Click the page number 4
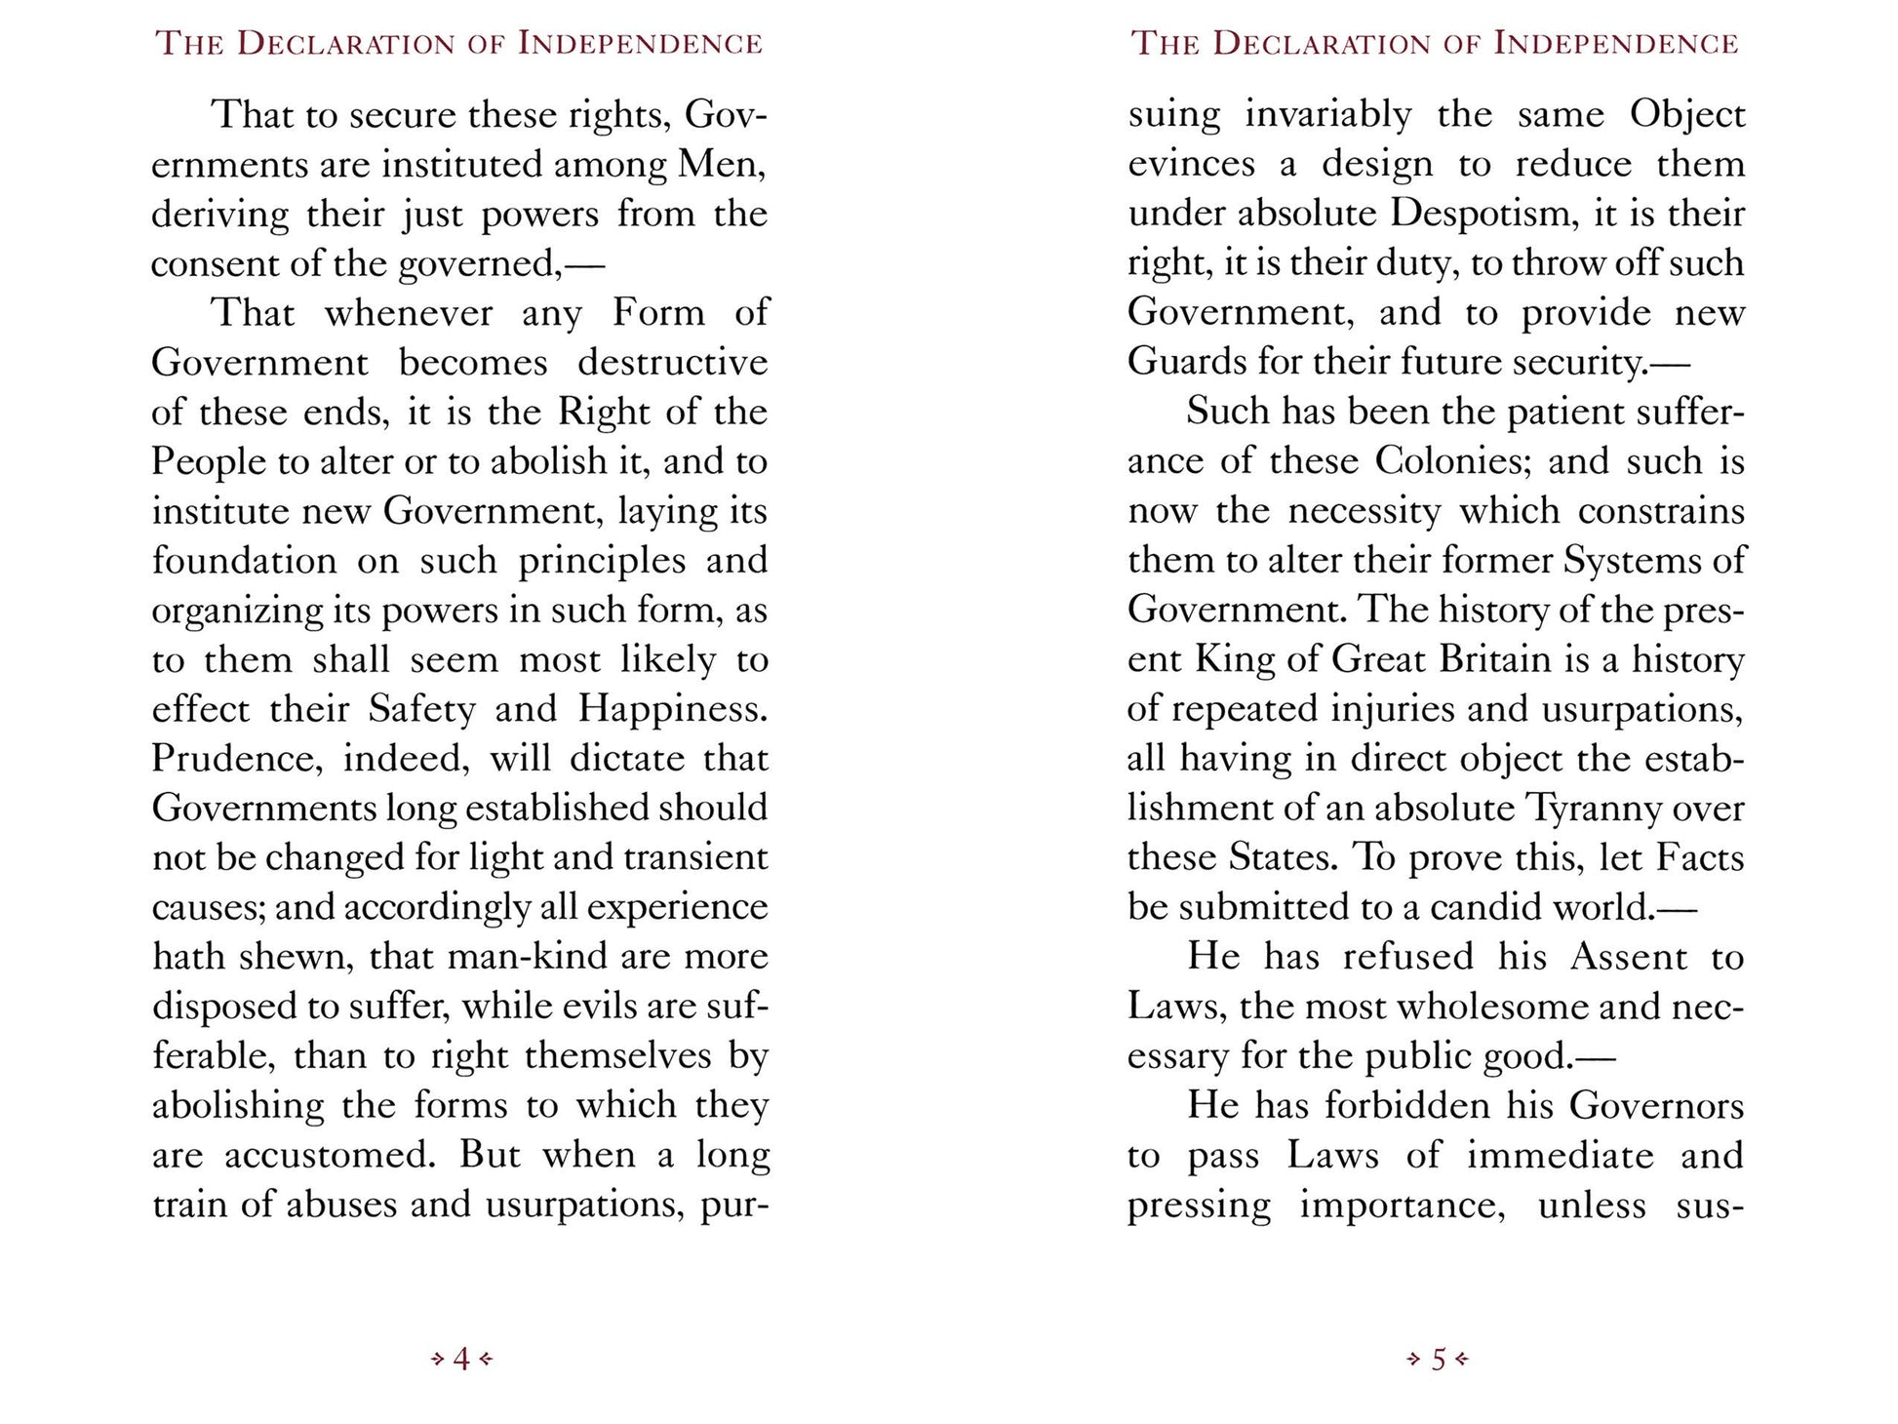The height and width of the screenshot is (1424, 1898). [461, 1358]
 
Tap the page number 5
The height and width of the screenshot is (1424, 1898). [1438, 1358]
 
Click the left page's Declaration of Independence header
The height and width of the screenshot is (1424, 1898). [459, 44]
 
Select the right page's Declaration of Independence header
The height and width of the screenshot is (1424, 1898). [1435, 44]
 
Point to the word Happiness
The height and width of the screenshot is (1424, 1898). [673, 709]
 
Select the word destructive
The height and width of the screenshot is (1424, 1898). [672, 363]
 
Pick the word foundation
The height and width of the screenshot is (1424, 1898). [242, 561]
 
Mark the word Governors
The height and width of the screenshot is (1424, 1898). [1655, 1106]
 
